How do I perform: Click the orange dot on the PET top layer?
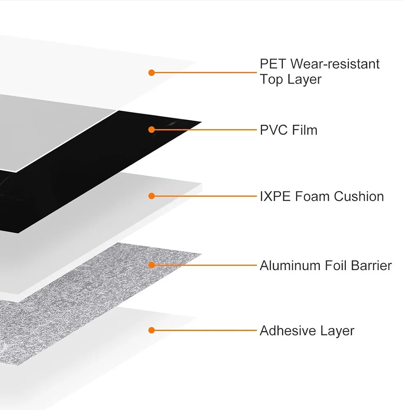click(151, 73)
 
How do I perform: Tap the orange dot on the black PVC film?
click(151, 130)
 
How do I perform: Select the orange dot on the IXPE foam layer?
click(151, 196)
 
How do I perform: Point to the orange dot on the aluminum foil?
click(151, 265)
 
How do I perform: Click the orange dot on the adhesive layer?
click(151, 330)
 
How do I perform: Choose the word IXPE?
click(275, 196)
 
